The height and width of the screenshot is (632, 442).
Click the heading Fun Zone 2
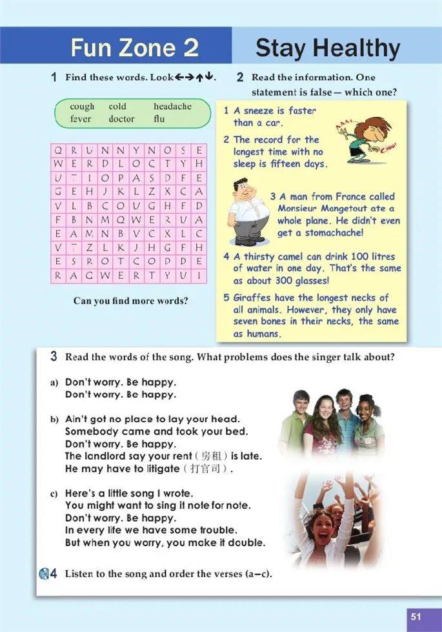(134, 48)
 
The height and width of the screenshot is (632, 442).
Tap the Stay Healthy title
(328, 48)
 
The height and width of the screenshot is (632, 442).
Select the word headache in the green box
(172, 107)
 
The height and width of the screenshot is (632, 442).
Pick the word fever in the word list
(81, 119)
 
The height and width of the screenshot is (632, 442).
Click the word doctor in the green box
(121, 119)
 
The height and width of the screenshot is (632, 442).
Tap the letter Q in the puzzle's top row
(57, 150)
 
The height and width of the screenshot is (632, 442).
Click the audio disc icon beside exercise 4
(44, 573)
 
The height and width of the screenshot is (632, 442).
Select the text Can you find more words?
(130, 301)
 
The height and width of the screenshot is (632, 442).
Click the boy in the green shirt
(294, 420)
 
